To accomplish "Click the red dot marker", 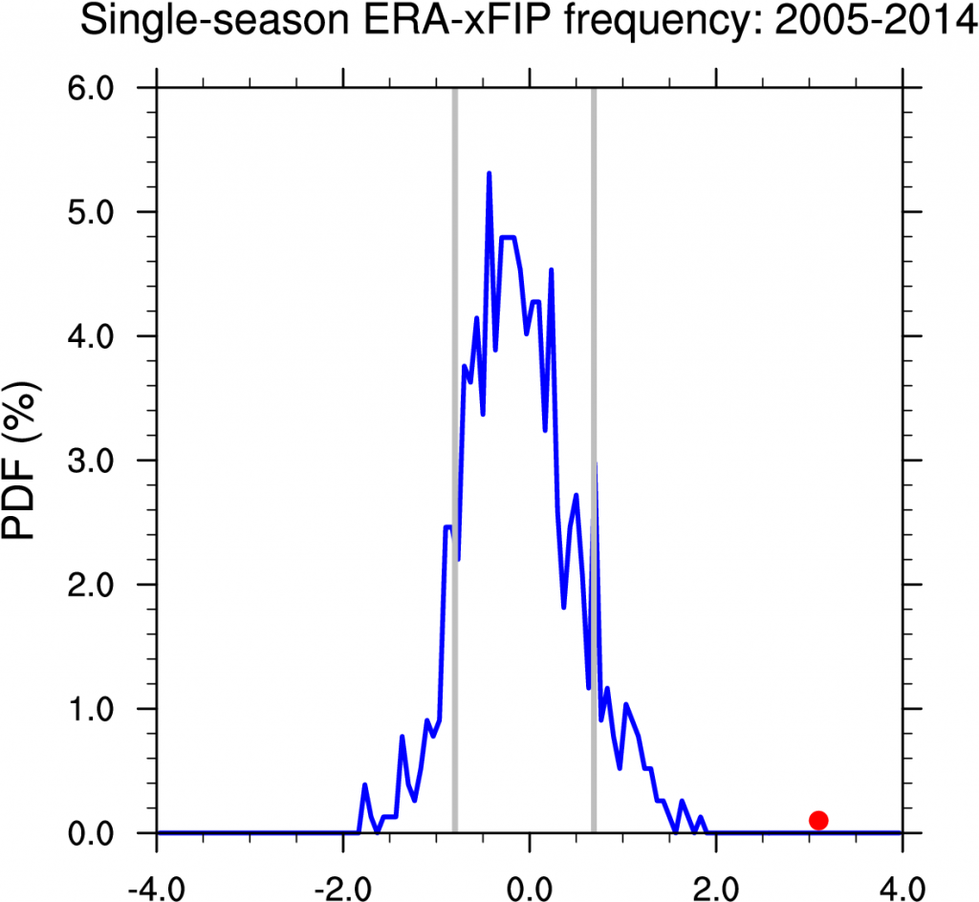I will coord(817,820).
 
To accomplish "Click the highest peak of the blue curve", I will coord(489,175).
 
